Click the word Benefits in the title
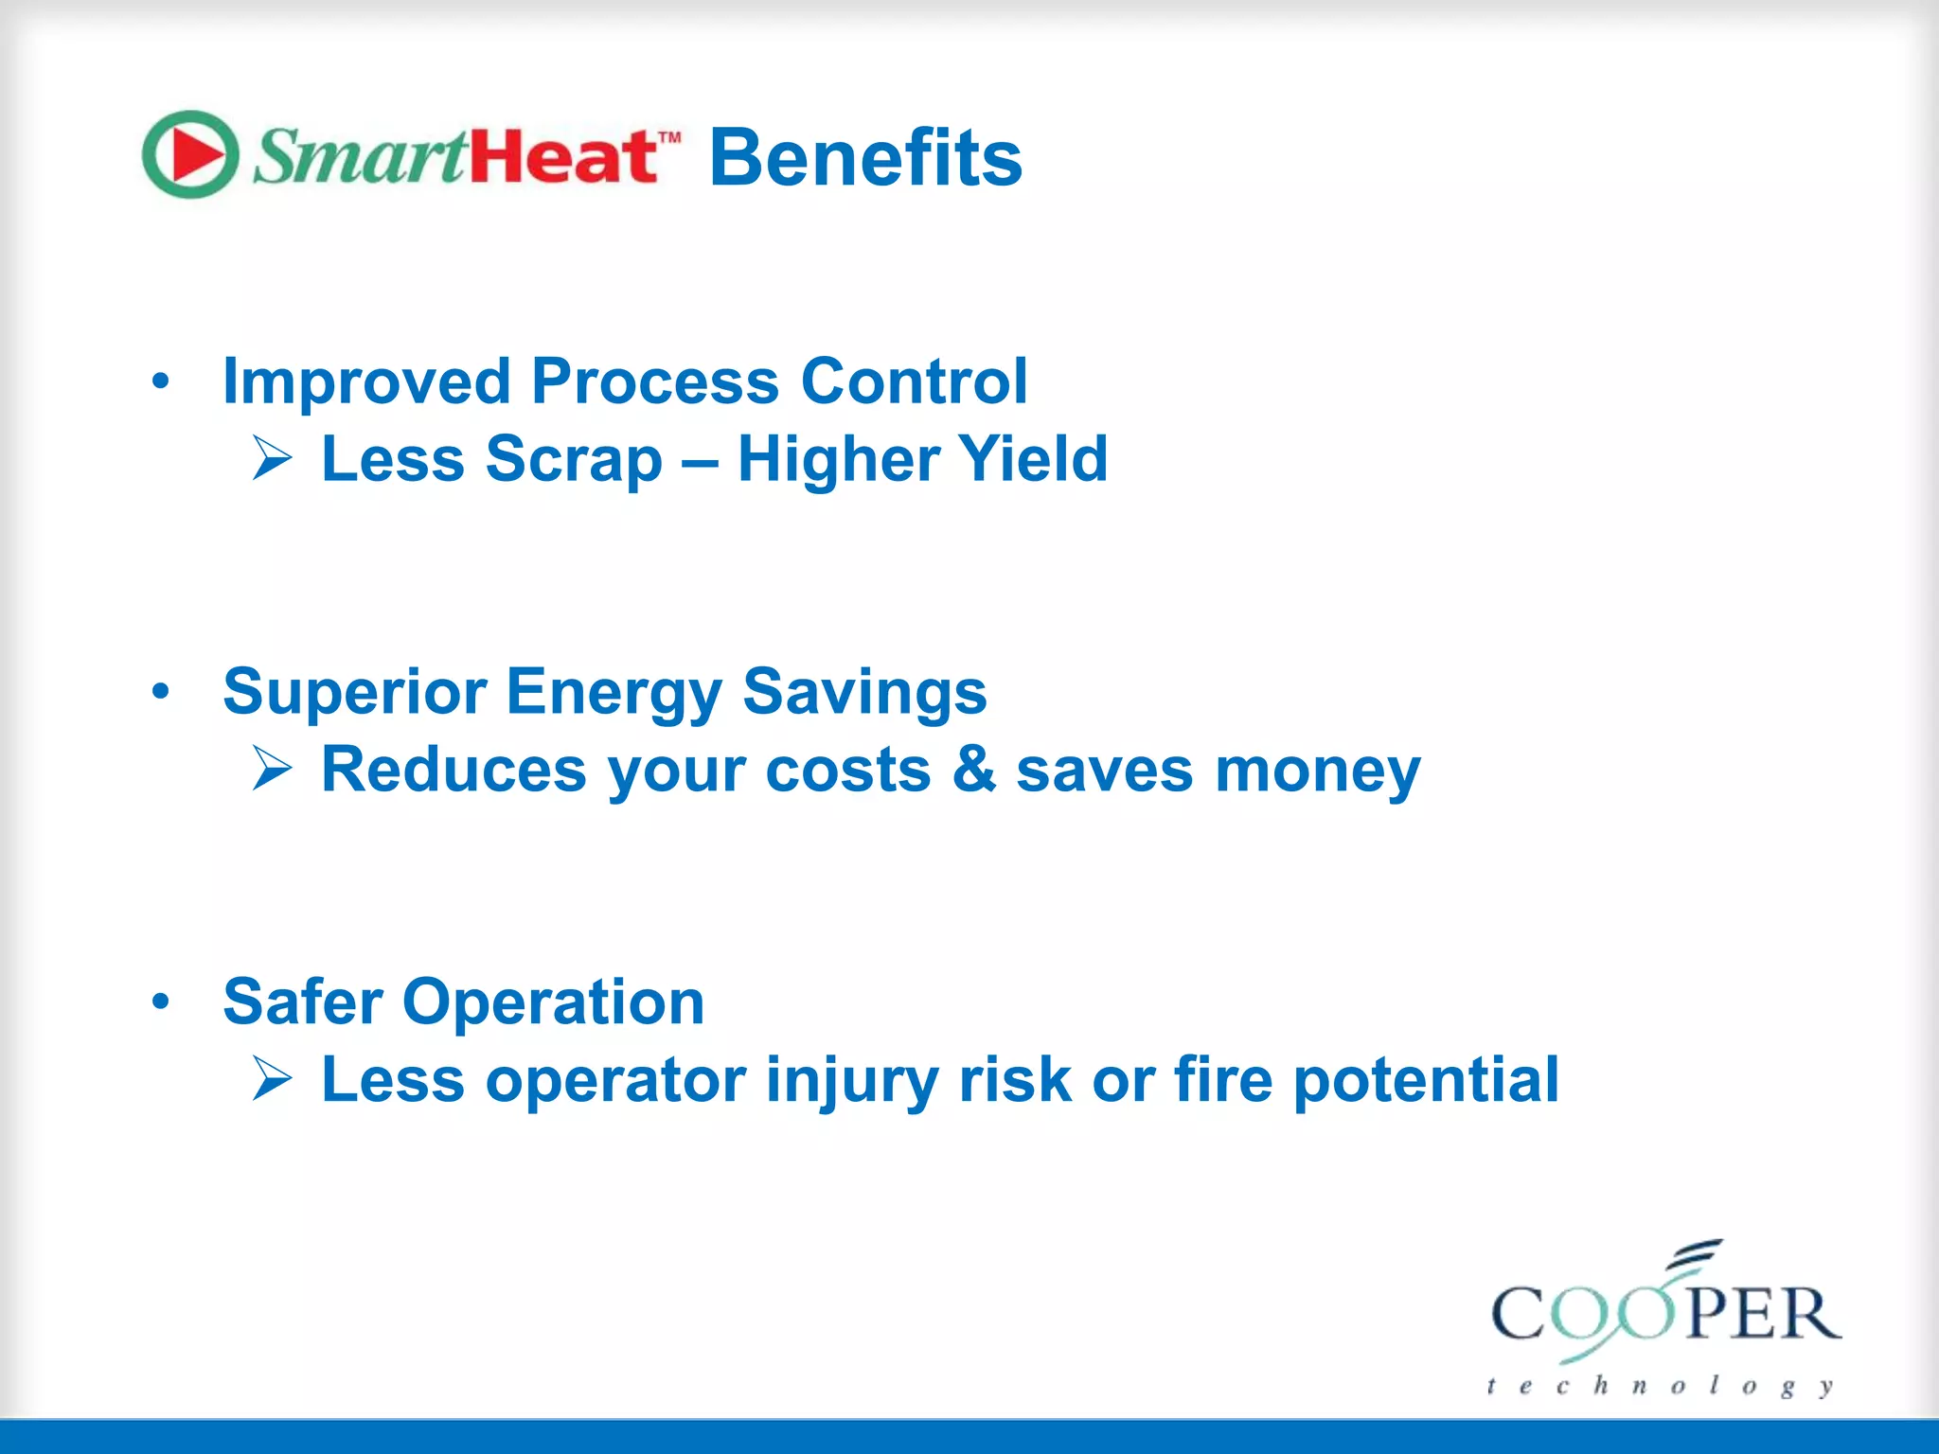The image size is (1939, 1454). tap(865, 158)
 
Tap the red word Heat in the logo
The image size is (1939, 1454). tap(563, 156)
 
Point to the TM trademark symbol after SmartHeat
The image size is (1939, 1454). tap(669, 137)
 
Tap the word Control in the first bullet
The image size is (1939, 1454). tap(914, 381)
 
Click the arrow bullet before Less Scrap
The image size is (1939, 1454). tap(273, 459)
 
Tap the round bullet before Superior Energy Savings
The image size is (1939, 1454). tap(161, 692)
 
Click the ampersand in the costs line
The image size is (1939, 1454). tap(974, 769)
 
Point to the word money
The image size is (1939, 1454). tap(1318, 771)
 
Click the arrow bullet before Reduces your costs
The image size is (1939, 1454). tap(273, 769)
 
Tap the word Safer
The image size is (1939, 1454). tap(303, 1002)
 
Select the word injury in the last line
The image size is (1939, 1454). tap(851, 1080)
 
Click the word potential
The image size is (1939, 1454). tap(1426, 1080)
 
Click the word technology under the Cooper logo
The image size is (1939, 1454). tap(1660, 1386)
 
